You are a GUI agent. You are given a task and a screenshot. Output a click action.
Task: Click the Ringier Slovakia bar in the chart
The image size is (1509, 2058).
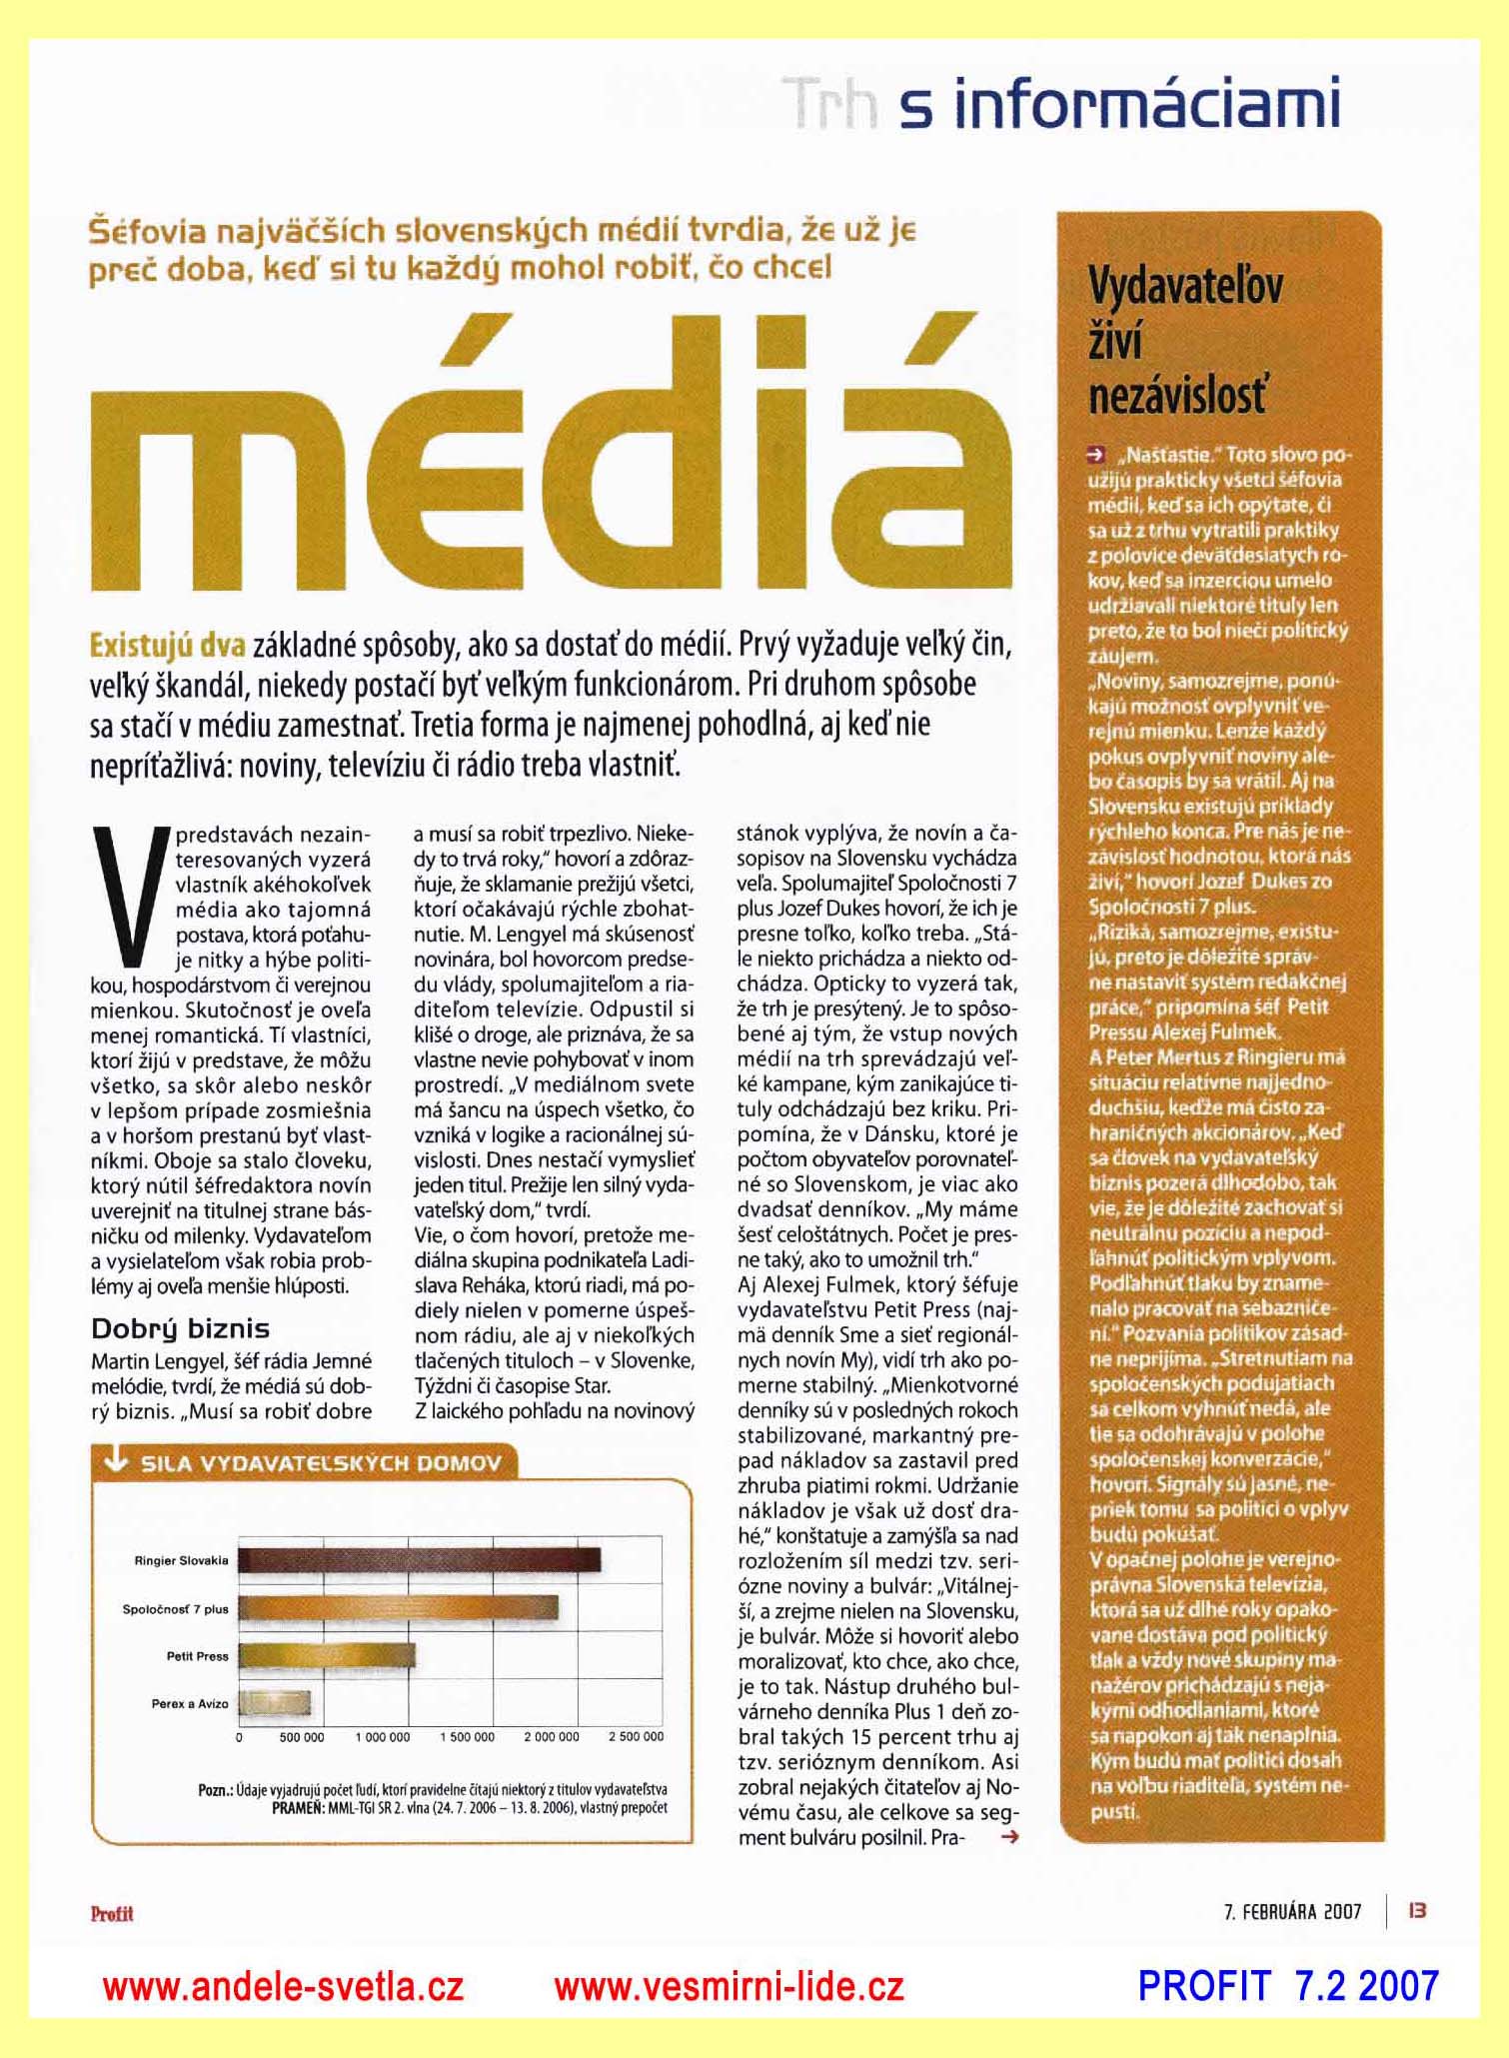[419, 1560]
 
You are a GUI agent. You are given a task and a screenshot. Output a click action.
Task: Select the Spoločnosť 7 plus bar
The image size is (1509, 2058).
[398, 1608]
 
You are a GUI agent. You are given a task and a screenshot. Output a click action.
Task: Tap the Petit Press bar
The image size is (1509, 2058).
[327, 1656]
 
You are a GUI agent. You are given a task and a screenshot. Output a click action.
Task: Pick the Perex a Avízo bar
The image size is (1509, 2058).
[275, 1703]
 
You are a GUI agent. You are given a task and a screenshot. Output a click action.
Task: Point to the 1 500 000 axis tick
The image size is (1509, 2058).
[467, 1737]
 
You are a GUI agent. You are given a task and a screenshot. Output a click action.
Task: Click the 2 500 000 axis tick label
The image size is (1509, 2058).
[636, 1737]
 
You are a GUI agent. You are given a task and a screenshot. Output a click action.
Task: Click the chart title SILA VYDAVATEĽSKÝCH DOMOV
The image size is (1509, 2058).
[321, 1464]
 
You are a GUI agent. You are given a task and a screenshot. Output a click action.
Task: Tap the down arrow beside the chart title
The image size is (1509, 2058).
[117, 1463]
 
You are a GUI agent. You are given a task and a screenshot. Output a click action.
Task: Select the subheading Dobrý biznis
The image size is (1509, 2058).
[180, 1328]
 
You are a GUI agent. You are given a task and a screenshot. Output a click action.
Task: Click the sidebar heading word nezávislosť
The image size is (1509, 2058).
[1176, 397]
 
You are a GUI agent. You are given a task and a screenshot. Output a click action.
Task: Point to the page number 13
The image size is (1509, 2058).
[1417, 1911]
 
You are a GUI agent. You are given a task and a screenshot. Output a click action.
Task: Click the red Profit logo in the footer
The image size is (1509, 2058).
[112, 1914]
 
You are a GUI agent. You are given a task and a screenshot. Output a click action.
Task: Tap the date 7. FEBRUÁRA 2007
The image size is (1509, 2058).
[1292, 1912]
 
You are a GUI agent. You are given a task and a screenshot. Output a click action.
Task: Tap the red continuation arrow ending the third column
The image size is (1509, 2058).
[1009, 1836]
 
